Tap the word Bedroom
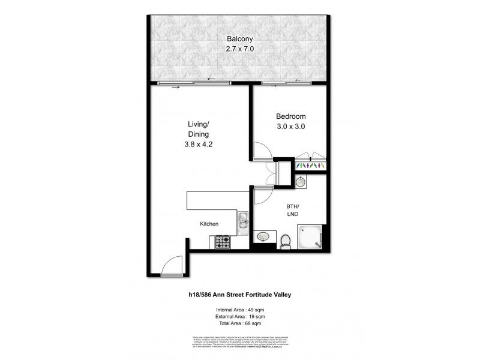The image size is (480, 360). coord(291,116)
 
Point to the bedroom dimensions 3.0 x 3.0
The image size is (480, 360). coord(291,128)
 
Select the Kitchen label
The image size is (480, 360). coord(209,224)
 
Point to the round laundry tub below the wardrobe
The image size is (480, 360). coord(299,181)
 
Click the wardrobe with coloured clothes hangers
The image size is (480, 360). coord(310,164)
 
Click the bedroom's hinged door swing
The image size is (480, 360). coord(262,151)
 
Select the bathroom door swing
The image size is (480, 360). coord(262,196)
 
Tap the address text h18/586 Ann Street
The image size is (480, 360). coord(240,294)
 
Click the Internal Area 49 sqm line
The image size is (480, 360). coord(240,309)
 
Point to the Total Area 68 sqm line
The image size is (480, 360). coord(240,323)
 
